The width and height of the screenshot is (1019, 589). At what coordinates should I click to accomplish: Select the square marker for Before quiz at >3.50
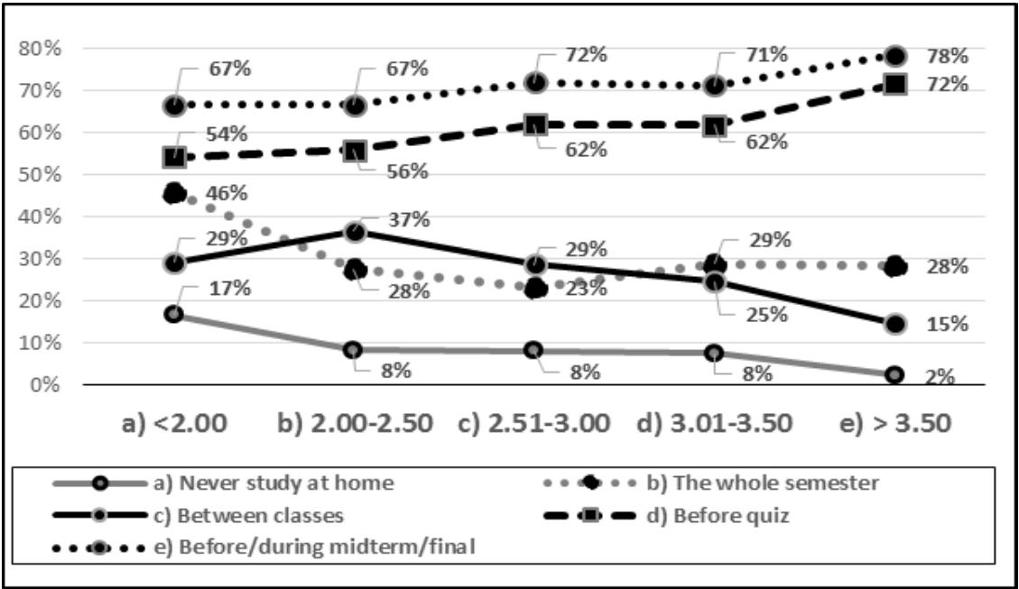tap(894, 85)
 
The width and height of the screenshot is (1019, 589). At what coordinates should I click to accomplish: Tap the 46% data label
tap(227, 192)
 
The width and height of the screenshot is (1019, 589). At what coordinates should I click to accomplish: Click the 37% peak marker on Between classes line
tap(355, 232)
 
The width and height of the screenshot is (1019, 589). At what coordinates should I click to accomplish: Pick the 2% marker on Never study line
tap(894, 374)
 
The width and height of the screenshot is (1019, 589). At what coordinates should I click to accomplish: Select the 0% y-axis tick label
tap(42, 385)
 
